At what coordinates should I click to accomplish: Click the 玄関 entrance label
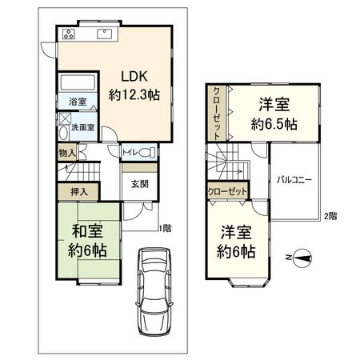(x=139, y=184)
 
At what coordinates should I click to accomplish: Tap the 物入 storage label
(x=67, y=152)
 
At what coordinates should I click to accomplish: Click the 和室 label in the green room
(x=86, y=232)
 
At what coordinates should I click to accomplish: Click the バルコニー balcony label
(x=294, y=180)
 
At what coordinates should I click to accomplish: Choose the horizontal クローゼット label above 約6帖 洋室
(x=226, y=192)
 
